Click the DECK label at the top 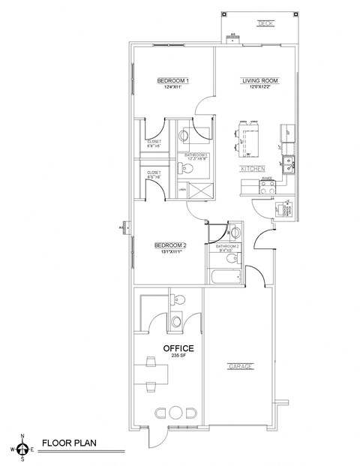(x=263, y=23)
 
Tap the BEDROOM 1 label (x=172, y=80)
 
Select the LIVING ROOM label (x=259, y=80)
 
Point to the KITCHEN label (x=251, y=170)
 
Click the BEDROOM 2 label (x=170, y=245)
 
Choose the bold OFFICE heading (x=179, y=348)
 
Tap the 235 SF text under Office (x=179, y=357)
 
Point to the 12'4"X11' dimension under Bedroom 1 (x=172, y=88)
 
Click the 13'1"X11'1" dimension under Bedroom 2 (x=170, y=253)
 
